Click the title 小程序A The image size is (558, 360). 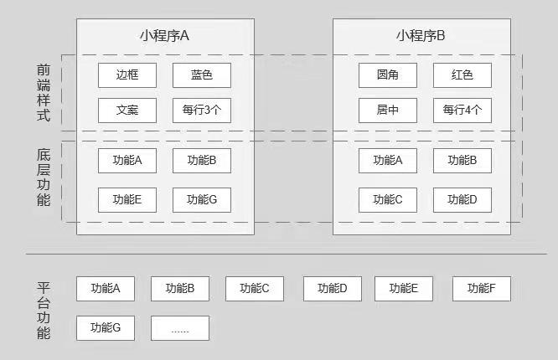[x=164, y=35]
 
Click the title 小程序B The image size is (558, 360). [x=421, y=35]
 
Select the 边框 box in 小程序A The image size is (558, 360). [x=127, y=75]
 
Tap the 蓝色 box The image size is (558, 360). [x=202, y=75]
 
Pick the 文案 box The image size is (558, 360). [x=127, y=111]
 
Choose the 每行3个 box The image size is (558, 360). [x=202, y=111]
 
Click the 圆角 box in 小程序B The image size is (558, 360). [x=388, y=75]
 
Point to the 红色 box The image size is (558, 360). [x=462, y=75]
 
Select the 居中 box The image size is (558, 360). [x=388, y=111]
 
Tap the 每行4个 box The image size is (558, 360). [x=462, y=111]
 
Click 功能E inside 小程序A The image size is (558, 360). [x=127, y=199]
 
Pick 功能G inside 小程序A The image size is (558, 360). [x=202, y=199]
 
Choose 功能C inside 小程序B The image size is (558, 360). [x=388, y=199]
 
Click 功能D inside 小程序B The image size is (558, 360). [x=462, y=199]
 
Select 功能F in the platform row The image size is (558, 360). [x=482, y=289]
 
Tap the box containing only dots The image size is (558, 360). [x=180, y=328]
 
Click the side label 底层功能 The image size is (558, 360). [x=44, y=177]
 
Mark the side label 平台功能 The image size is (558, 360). [x=44, y=310]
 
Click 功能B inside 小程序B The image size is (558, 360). [x=462, y=160]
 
